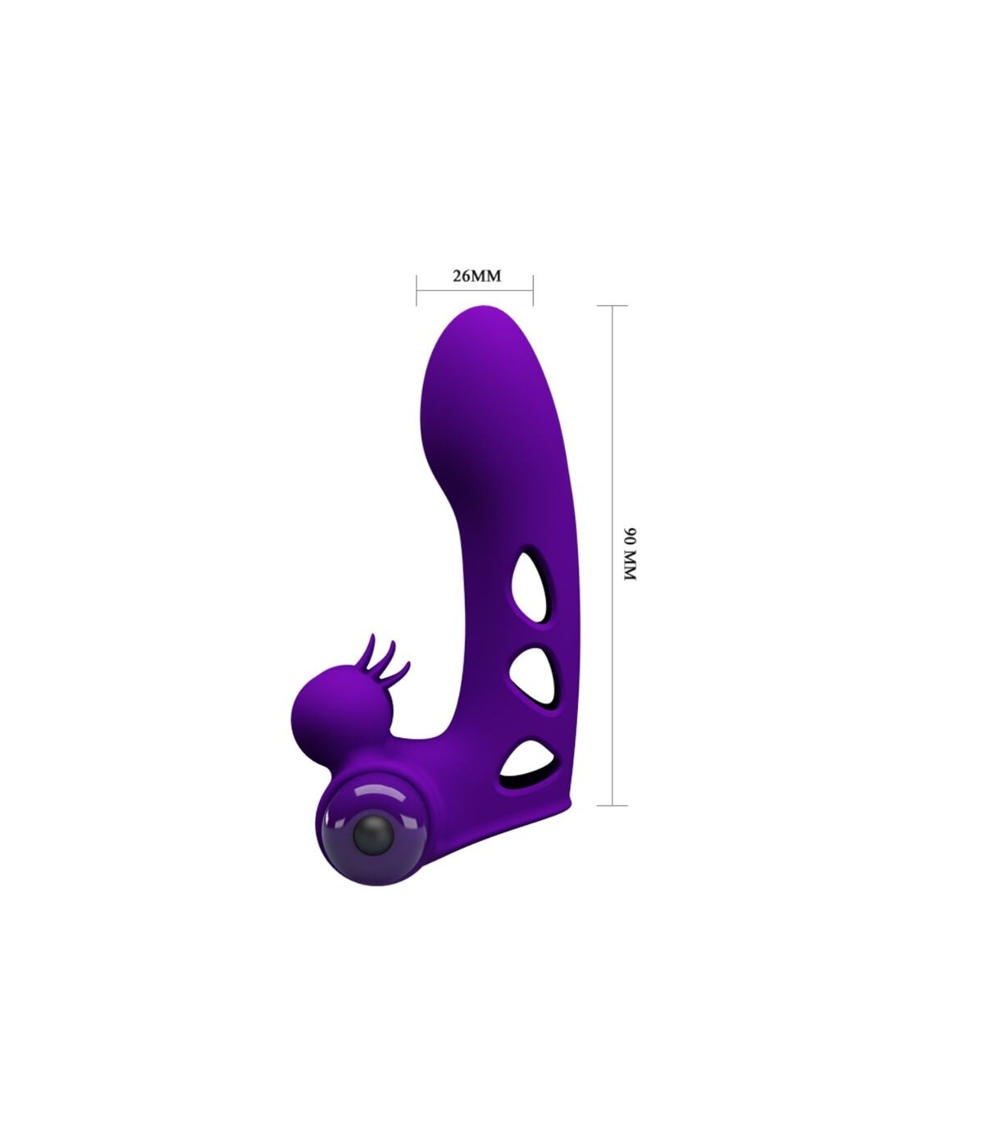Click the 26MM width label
[x=476, y=276]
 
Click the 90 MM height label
[x=630, y=554]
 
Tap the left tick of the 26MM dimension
[x=416, y=289]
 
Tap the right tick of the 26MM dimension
[x=533, y=289]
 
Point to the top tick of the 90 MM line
[x=613, y=305]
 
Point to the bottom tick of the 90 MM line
[x=613, y=805]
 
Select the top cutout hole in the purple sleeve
[x=531, y=585]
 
